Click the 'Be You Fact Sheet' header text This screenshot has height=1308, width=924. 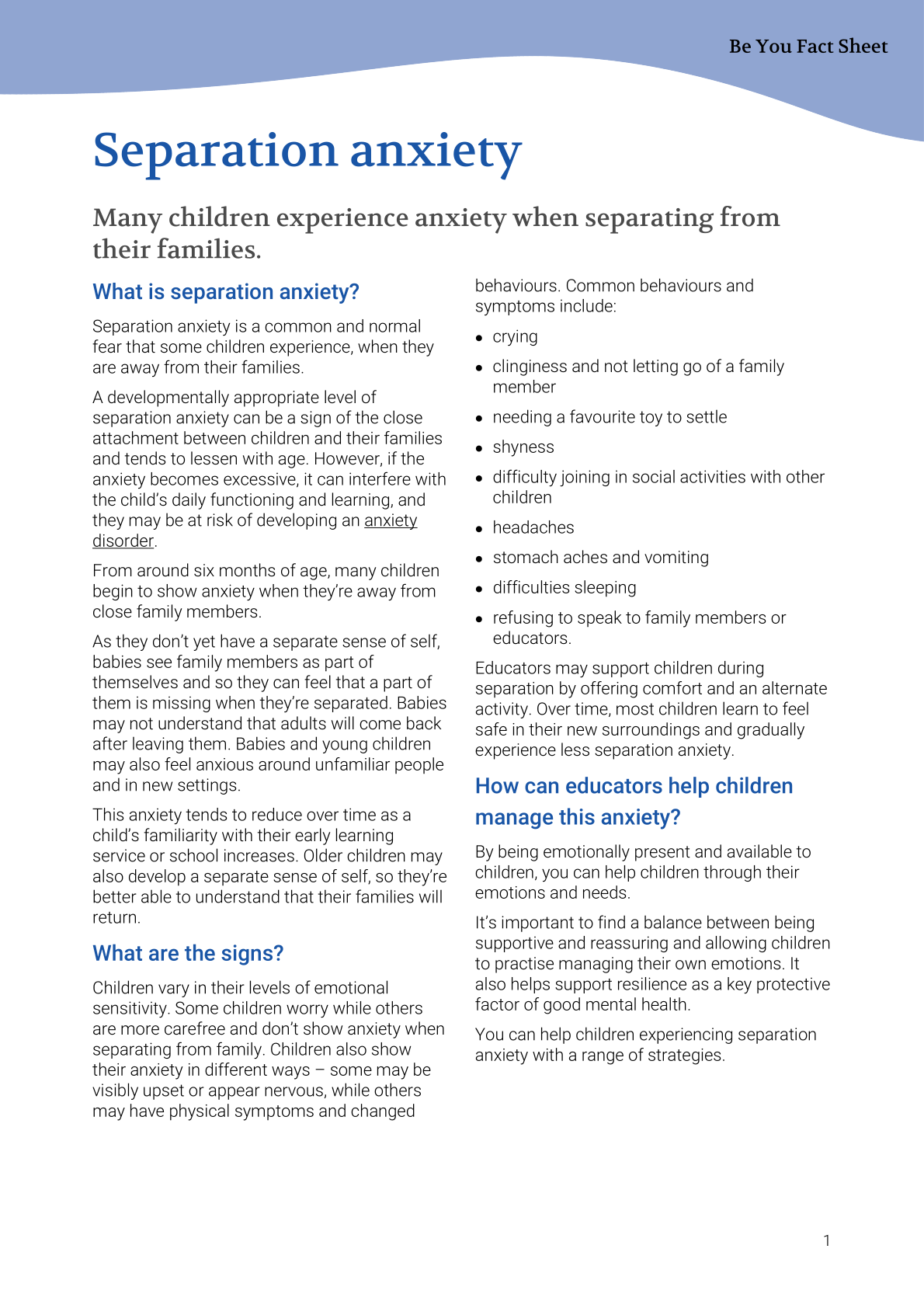808,47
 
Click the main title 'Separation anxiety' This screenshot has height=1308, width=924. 307,150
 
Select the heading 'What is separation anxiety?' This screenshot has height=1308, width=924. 226,292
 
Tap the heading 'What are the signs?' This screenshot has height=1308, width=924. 188,953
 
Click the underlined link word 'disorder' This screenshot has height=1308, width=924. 123,541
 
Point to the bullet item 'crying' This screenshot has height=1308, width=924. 515,337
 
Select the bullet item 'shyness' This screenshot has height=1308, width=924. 523,447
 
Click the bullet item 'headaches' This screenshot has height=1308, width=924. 533,527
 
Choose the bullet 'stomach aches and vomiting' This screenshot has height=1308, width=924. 600,558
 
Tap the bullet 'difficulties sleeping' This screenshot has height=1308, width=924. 564,588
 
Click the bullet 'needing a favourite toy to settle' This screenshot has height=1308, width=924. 610,417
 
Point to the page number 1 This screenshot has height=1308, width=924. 827,1240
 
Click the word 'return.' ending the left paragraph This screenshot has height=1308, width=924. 116,917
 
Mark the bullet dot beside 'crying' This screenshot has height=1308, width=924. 479,339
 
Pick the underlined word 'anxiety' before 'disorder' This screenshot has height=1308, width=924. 391,520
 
